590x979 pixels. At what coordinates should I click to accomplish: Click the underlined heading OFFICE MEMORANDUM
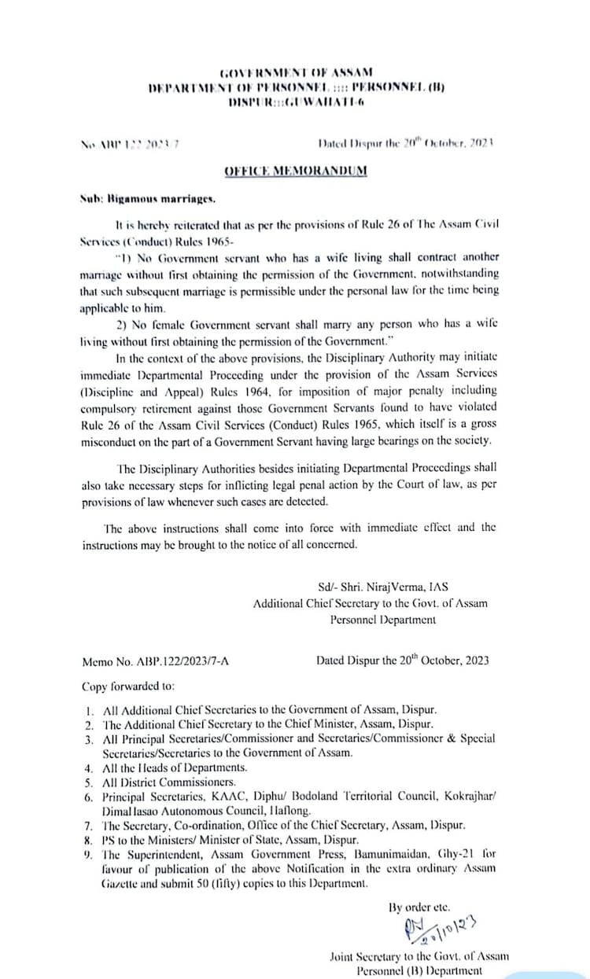(x=296, y=171)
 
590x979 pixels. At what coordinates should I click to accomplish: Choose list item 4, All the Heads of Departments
(x=175, y=767)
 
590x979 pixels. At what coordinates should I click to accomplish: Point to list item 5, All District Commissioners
(x=169, y=782)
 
